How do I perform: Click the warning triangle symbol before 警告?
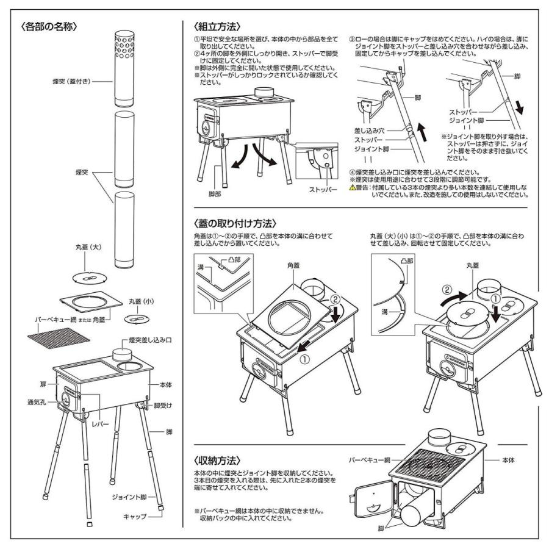[352, 188]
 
